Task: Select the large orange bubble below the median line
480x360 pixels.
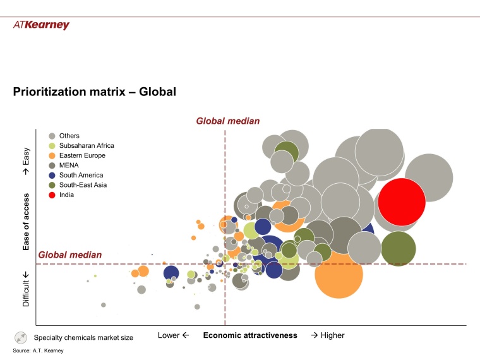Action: point(339,273)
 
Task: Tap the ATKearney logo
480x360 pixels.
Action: point(41,25)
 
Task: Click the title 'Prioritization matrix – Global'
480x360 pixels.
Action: point(94,92)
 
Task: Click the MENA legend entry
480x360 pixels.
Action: point(68,165)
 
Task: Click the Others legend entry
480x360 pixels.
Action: point(69,136)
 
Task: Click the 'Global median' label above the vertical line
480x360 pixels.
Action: point(227,121)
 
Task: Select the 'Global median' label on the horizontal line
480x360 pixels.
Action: point(69,255)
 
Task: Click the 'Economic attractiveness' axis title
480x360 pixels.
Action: point(249,335)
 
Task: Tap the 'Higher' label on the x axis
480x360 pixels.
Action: point(327,335)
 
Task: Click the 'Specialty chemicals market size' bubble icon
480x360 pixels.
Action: point(21,337)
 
